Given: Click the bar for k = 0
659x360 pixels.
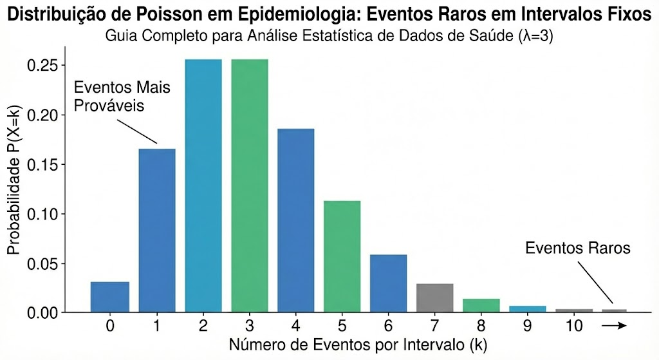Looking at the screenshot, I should pyautogui.click(x=109, y=297).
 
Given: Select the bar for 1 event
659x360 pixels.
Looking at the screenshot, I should pyautogui.click(x=157, y=231).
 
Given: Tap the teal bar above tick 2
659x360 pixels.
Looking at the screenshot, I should pyautogui.click(x=203, y=185).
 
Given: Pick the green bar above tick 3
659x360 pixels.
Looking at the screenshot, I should pyautogui.click(x=250, y=185).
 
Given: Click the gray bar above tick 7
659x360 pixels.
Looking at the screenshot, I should pyautogui.click(x=435, y=298).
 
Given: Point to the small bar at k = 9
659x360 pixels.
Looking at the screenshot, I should pyautogui.click(x=528, y=309).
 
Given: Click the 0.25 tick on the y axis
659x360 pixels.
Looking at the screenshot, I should pyautogui.click(x=44, y=66).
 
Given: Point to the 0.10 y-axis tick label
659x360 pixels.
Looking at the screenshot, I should pyautogui.click(x=44, y=214).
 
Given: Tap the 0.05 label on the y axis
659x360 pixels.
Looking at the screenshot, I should pyautogui.click(x=44, y=263).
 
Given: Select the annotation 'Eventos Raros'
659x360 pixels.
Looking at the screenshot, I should pyautogui.click(x=577, y=248).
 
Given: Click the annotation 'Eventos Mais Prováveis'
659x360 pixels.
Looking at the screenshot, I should pyautogui.click(x=122, y=96).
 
